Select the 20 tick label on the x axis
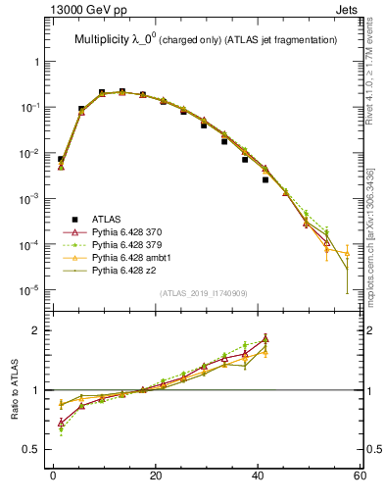155,477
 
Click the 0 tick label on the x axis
53,477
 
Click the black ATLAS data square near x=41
265,179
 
